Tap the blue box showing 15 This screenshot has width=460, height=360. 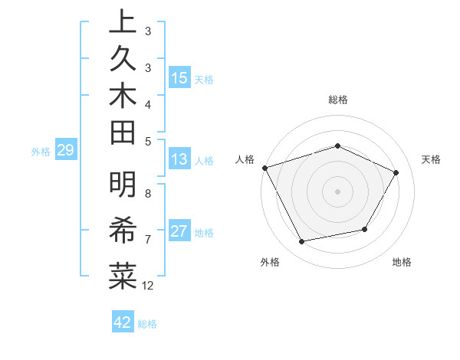coord(179,78)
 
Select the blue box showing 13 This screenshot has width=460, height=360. coord(179,159)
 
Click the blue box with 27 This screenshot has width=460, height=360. coord(179,232)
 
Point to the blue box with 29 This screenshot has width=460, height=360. coord(65,151)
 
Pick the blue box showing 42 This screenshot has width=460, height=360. coord(122,322)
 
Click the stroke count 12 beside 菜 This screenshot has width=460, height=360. coord(148,286)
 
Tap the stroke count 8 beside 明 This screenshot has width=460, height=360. coord(148,193)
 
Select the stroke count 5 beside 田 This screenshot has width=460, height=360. coord(148,140)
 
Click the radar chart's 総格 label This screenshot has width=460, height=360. coord(337,100)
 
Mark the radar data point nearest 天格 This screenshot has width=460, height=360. coord(396,173)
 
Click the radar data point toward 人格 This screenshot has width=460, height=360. coord(264,168)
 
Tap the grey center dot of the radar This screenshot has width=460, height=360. coord(337,191)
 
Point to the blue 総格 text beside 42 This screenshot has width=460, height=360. coord(147,324)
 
